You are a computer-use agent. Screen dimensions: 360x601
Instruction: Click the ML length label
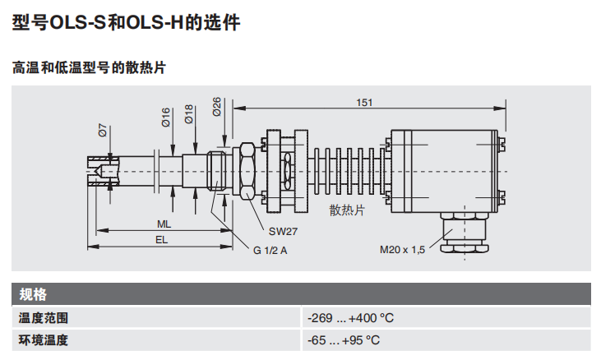pos(164,224)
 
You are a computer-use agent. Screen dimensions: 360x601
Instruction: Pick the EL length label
pos(162,239)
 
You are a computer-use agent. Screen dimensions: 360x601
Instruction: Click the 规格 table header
pos(34,294)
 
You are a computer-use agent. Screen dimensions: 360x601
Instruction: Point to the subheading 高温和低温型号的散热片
pos(89,67)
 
